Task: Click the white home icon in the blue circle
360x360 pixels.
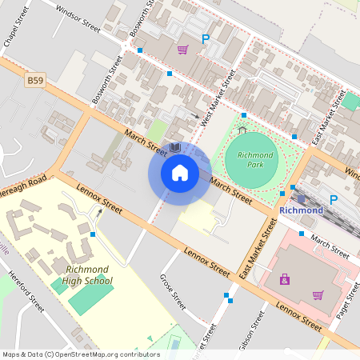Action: point(179,172)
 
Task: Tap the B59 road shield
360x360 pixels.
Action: point(35,80)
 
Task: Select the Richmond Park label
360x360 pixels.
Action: point(255,160)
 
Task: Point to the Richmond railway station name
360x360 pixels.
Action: point(302,210)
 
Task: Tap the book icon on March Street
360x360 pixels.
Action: point(174,148)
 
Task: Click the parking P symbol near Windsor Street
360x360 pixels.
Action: point(206,38)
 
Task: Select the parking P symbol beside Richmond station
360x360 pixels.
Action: point(334,199)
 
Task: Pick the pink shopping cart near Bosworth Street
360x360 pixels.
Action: point(182,50)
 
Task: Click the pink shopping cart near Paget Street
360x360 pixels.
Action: point(318,294)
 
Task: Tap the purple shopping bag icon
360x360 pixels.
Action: point(284,279)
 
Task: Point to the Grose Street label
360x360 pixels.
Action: point(173,293)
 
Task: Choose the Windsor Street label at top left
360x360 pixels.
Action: point(75,18)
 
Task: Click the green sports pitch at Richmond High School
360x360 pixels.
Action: point(90,300)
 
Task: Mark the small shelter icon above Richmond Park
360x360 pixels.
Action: point(242,130)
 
